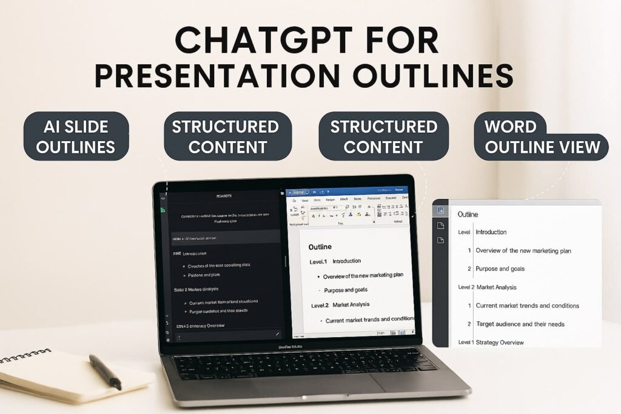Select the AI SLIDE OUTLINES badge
[76, 136]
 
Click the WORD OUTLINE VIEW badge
[542, 137]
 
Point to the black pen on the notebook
[105, 372]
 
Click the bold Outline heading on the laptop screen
[320, 247]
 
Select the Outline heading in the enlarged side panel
[468, 215]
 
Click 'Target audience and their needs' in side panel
[520, 324]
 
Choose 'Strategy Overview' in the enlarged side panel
[500, 342]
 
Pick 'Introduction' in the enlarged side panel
[491, 232]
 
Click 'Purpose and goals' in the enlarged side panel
[500, 269]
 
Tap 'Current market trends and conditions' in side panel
[527, 305]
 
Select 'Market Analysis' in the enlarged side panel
[497, 287]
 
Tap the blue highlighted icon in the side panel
[441, 210]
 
